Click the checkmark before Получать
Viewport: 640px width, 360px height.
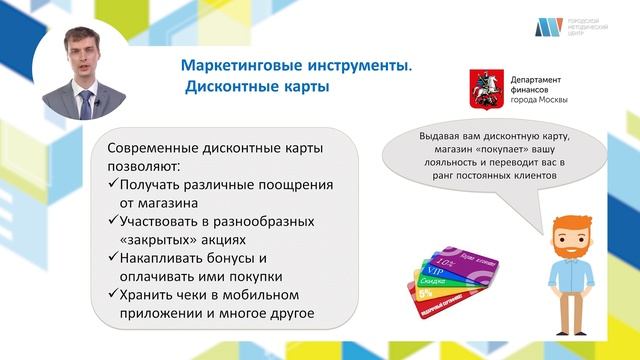tap(111, 185)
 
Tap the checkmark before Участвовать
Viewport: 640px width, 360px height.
tap(111, 222)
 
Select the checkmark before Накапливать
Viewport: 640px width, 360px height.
tap(111, 258)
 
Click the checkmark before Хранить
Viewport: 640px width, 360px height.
tap(111, 295)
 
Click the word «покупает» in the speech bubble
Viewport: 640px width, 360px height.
tap(488, 148)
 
